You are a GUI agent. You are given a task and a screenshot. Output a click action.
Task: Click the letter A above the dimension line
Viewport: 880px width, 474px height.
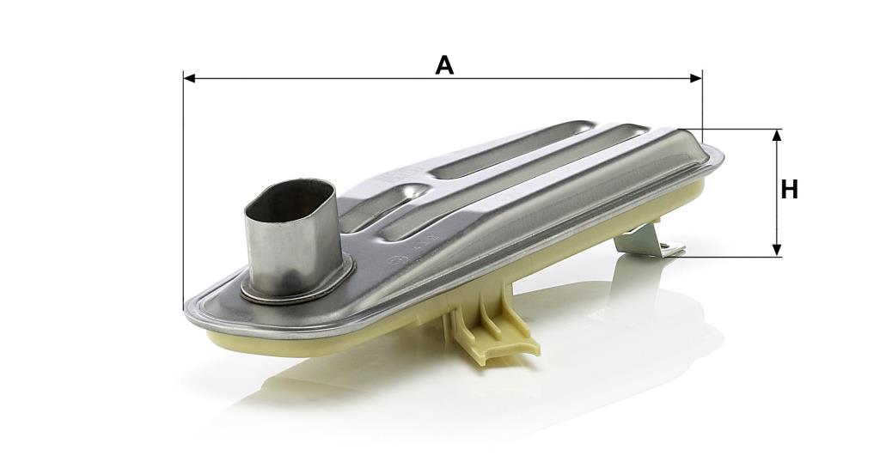444,65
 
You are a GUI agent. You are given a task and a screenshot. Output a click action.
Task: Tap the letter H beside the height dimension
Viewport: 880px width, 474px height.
789,190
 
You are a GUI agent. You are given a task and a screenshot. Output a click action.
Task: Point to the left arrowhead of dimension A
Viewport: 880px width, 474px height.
189,78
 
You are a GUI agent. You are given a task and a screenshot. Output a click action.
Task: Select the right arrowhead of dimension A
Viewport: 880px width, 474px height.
696,78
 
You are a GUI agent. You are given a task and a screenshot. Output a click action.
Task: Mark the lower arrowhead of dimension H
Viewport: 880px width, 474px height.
777,251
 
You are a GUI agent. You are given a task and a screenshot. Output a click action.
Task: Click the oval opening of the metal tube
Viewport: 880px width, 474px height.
290,202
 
